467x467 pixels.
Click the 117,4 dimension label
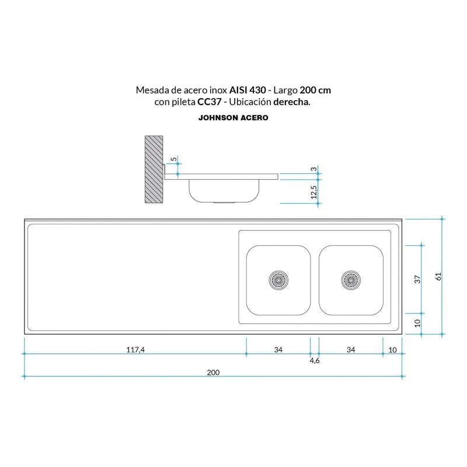pyautogui.click(x=135, y=350)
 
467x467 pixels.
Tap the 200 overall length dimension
pyautogui.click(x=214, y=372)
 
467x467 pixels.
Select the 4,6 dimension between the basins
pyautogui.click(x=314, y=361)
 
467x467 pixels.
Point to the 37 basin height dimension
pyautogui.click(x=417, y=279)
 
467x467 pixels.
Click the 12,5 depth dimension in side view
pyautogui.click(x=313, y=192)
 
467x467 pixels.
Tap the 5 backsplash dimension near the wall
pyautogui.click(x=173, y=159)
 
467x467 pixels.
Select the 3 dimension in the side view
pyautogui.click(x=313, y=169)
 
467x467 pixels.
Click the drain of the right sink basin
pyautogui.click(x=351, y=280)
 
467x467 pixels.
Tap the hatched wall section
pyautogui.click(x=154, y=169)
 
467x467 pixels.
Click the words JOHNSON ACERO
pyautogui.click(x=233, y=117)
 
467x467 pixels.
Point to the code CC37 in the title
pyautogui.click(x=210, y=102)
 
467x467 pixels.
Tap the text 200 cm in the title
pyautogui.click(x=315, y=90)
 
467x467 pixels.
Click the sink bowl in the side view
pyautogui.click(x=224, y=191)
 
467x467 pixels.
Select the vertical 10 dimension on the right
pyautogui.click(x=417, y=323)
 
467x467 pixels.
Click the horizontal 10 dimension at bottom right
pyautogui.click(x=392, y=350)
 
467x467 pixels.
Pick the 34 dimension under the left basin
pyautogui.click(x=278, y=350)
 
